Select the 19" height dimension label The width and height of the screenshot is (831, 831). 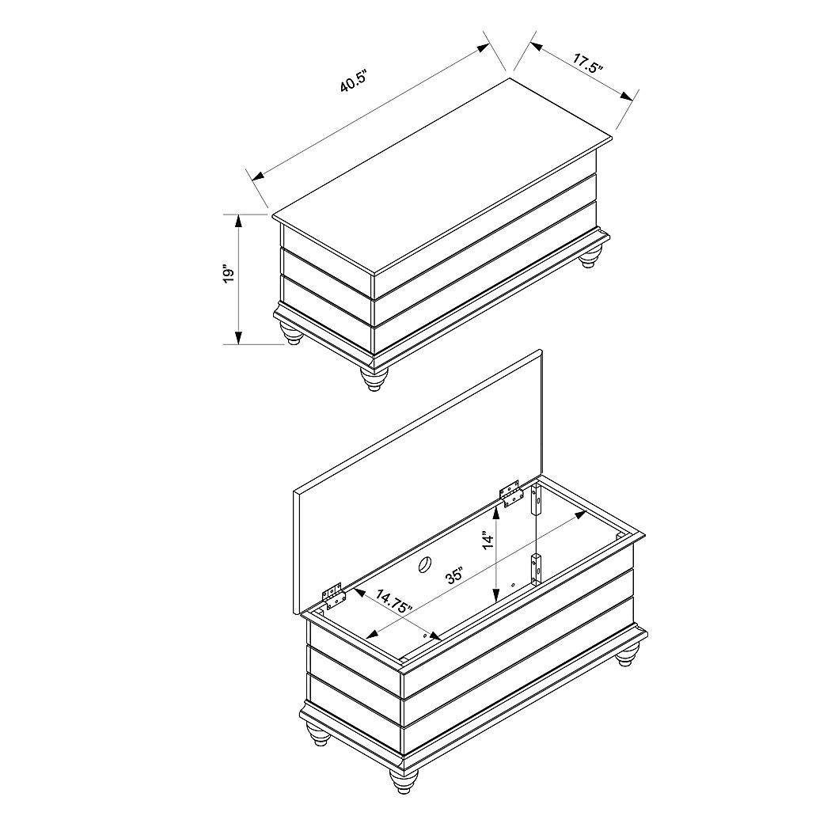click(x=230, y=273)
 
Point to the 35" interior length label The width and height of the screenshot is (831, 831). click(x=454, y=575)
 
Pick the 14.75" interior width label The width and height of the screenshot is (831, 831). click(x=395, y=601)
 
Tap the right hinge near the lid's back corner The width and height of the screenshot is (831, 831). click(x=511, y=492)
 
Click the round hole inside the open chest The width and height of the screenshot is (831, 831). click(x=424, y=564)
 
